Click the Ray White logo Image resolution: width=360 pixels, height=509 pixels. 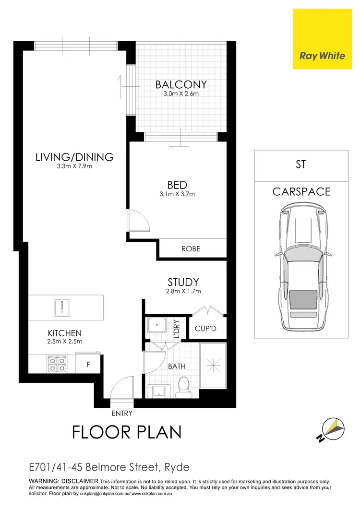[x=323, y=56]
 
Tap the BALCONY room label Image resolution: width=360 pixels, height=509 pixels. [x=181, y=85]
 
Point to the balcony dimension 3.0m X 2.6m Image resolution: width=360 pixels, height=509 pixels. [x=181, y=94]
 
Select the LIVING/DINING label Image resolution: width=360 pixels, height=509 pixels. [x=74, y=157]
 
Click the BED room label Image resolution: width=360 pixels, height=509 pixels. [x=177, y=185]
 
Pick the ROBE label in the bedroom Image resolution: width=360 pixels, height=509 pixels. [x=191, y=249]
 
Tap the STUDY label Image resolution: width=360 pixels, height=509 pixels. [x=183, y=282]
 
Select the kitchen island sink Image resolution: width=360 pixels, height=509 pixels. [x=63, y=307]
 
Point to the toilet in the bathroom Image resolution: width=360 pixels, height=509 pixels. [x=183, y=387]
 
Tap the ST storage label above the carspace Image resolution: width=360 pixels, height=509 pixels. [x=301, y=165]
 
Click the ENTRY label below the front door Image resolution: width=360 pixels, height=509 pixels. [x=121, y=413]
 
